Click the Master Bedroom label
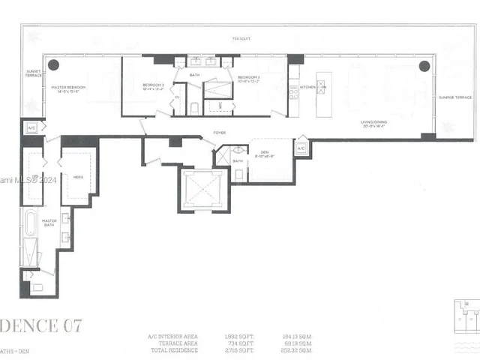pyautogui.click(x=69, y=88)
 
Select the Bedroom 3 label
pyautogui.click(x=248, y=78)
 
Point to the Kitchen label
pyautogui.click(x=307, y=88)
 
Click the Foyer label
pyautogui.click(x=219, y=133)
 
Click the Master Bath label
pyautogui.click(x=49, y=223)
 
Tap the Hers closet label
pyautogui.click(x=77, y=177)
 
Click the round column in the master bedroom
pyautogui.click(x=54, y=64)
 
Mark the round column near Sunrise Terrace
pyautogui.click(x=424, y=64)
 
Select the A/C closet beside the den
pyautogui.click(x=301, y=148)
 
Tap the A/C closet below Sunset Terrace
pyautogui.click(x=31, y=128)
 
